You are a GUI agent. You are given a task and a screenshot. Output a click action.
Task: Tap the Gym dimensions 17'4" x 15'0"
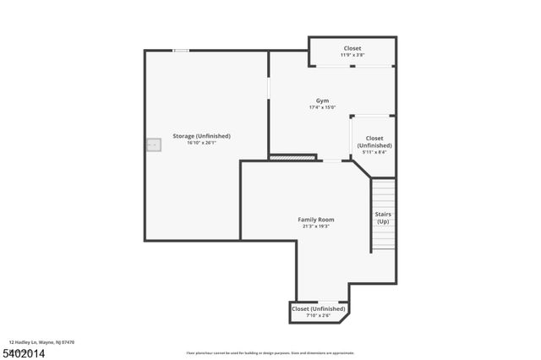click(x=322, y=108)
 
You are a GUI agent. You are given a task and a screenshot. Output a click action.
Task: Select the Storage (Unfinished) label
click(x=201, y=136)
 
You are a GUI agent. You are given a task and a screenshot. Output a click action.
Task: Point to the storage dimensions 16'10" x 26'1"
click(x=201, y=143)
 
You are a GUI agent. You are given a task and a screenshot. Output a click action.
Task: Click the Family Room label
click(x=315, y=220)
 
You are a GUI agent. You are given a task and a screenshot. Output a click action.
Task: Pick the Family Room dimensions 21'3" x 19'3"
click(x=315, y=226)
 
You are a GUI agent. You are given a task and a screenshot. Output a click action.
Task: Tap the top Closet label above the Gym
click(x=352, y=48)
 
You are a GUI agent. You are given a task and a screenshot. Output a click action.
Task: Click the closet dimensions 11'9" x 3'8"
click(x=352, y=55)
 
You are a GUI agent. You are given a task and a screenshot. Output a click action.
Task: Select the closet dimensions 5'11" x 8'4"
click(x=374, y=152)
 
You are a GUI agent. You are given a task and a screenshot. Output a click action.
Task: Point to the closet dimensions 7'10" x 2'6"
click(x=319, y=315)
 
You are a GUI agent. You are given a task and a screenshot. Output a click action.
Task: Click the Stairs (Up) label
click(x=383, y=217)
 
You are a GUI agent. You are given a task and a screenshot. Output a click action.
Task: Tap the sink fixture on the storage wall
click(x=153, y=145)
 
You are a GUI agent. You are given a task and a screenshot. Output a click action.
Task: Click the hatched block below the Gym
click(x=292, y=156)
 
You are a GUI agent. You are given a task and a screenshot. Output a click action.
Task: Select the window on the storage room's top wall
click(x=181, y=51)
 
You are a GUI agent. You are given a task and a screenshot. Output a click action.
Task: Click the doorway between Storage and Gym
click(x=269, y=88)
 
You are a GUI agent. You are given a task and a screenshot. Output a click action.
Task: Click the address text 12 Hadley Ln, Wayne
click(x=42, y=342)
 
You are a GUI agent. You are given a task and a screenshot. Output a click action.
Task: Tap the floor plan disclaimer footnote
click(x=270, y=352)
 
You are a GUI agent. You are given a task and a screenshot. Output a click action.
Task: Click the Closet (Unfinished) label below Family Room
click(x=319, y=308)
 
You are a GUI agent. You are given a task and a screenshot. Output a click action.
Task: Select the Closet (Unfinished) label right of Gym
click(x=374, y=141)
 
